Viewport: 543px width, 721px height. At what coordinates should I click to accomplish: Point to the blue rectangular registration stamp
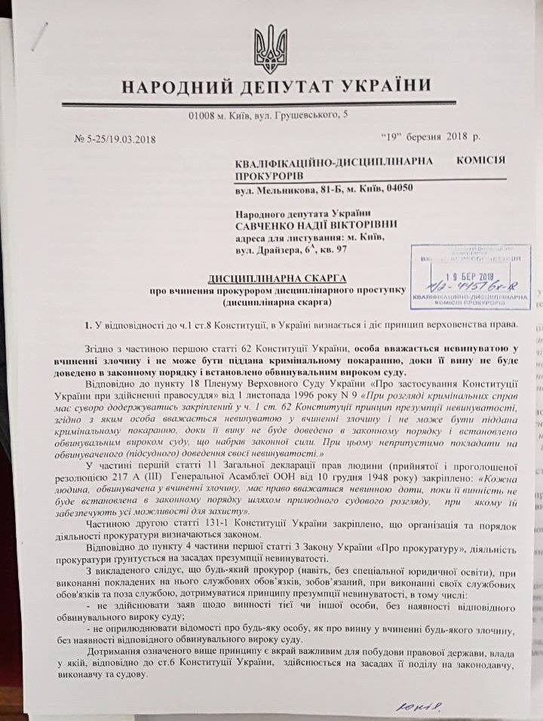click(470, 276)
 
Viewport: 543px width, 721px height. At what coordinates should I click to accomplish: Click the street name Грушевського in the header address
click(302, 115)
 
